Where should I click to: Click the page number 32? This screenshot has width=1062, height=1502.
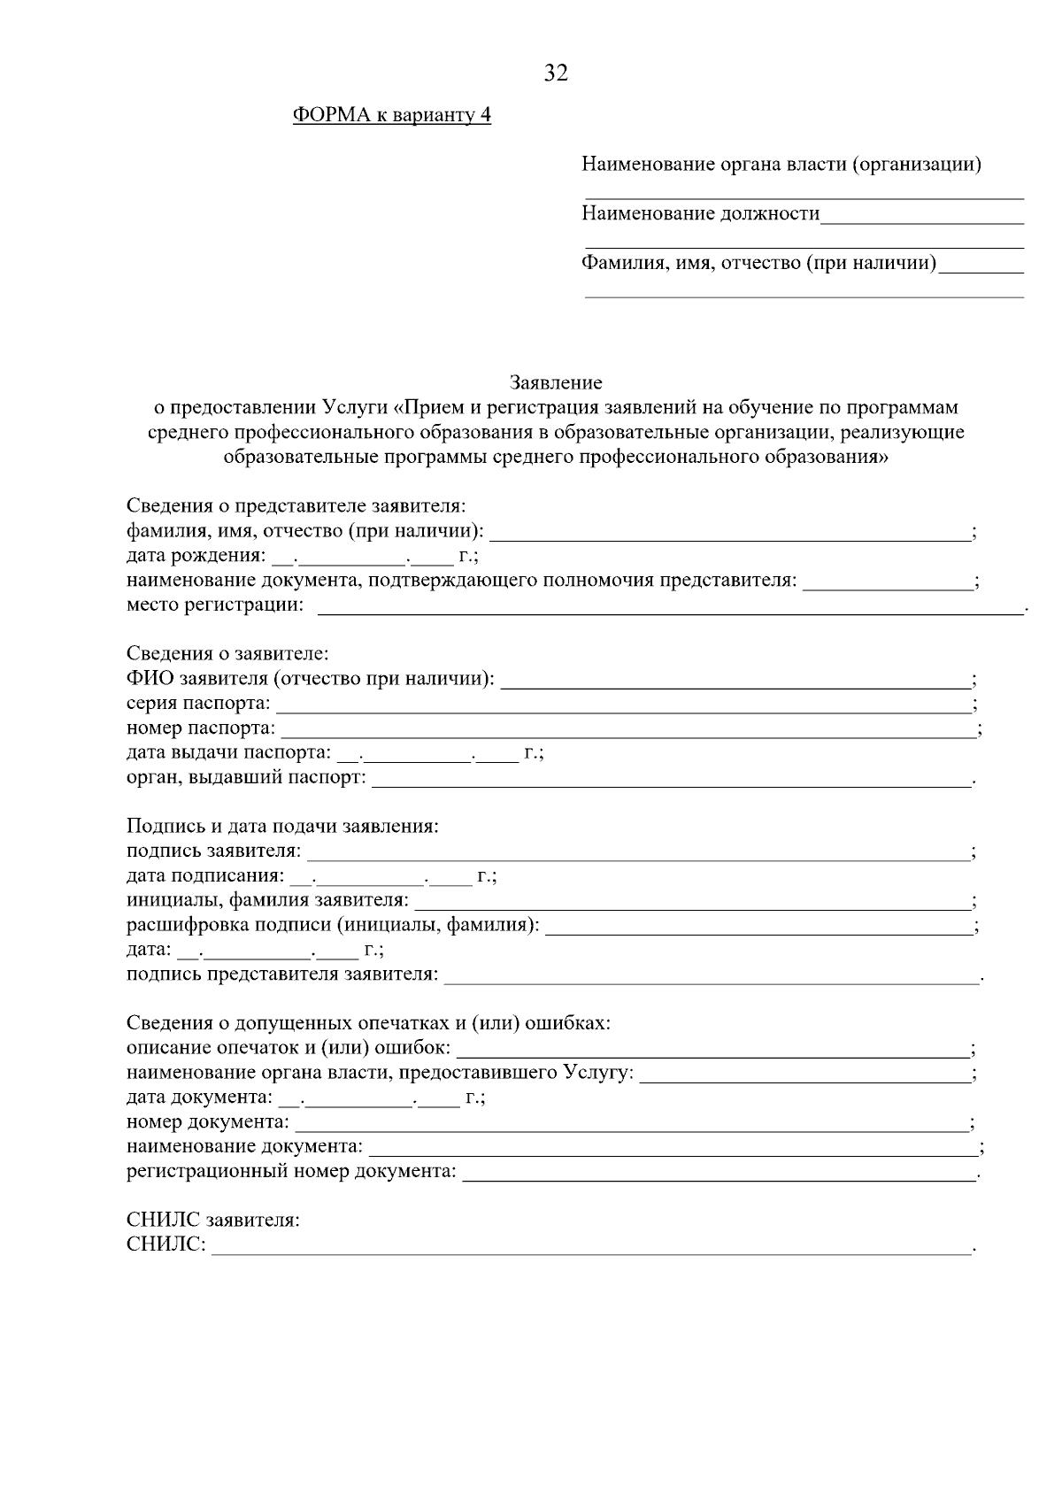(556, 73)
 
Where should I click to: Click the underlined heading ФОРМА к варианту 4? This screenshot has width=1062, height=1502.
(391, 116)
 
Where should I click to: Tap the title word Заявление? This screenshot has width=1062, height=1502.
(556, 382)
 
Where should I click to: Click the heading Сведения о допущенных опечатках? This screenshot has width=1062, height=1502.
(368, 1024)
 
